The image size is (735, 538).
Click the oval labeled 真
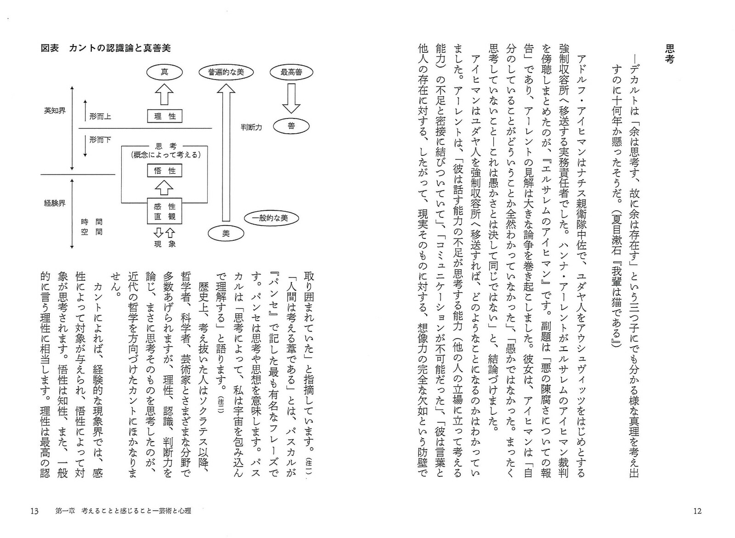[x=164, y=72]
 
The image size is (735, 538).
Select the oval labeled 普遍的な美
[x=226, y=72]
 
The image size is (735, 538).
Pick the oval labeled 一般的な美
[x=272, y=218]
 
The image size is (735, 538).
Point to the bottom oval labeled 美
[x=226, y=233]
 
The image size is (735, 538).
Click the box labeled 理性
[x=164, y=116]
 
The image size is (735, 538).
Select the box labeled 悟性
[x=164, y=171]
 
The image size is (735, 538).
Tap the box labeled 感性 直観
[x=164, y=211]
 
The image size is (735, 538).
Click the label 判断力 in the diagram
[x=251, y=127]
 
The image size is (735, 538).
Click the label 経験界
[x=55, y=203]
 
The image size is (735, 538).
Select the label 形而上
[x=100, y=116]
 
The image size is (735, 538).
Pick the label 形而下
[x=100, y=139]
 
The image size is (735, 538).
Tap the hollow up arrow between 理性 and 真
[x=164, y=95]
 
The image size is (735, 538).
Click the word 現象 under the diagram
[x=164, y=244]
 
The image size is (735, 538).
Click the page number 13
[x=34, y=511]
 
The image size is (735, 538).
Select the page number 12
[x=697, y=511]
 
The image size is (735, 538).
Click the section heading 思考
[x=670, y=54]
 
